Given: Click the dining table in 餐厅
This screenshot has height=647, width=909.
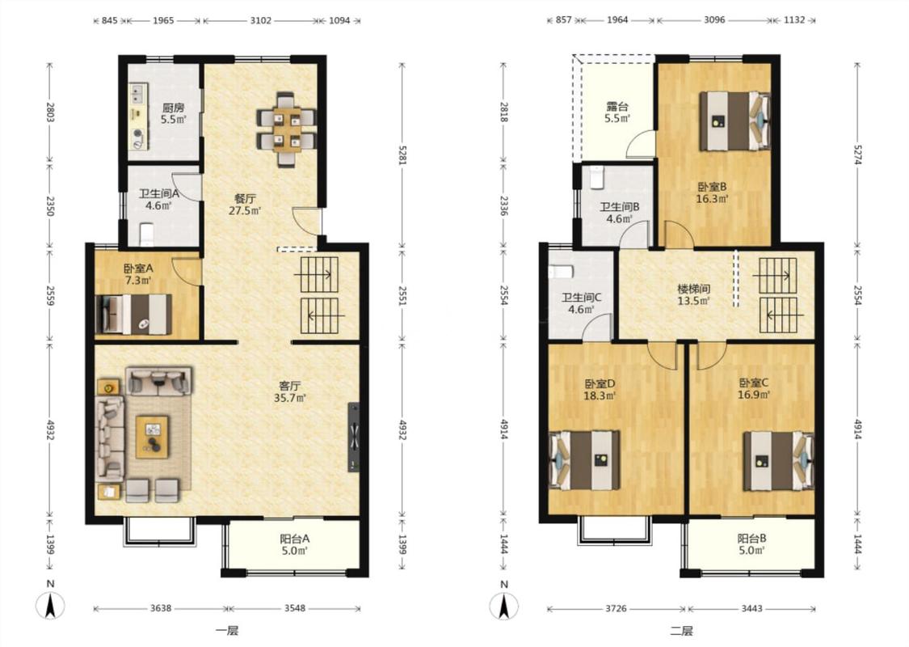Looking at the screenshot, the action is click(x=287, y=129).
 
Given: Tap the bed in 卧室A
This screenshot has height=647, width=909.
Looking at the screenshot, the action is click(x=134, y=315).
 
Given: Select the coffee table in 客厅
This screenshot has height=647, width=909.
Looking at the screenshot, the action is click(x=153, y=437).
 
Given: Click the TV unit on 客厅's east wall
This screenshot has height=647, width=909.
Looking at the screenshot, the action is click(x=354, y=437).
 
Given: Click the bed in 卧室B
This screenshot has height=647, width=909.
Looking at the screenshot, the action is click(x=734, y=121).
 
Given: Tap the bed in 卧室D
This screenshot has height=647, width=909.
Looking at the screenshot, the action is click(x=584, y=459).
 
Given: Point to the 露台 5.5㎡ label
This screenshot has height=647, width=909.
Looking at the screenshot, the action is click(x=617, y=112).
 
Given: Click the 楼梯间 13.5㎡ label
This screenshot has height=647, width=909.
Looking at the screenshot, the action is click(x=694, y=294).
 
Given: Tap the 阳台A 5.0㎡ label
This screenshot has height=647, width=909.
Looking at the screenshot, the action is click(x=294, y=544).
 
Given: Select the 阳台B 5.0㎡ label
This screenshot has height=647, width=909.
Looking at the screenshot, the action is click(x=751, y=544).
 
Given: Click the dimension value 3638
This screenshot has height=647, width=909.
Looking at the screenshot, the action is click(x=161, y=608).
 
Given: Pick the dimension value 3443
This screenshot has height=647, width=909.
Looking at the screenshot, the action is click(x=751, y=608).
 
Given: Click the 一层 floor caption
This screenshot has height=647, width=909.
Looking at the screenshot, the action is click(x=227, y=631).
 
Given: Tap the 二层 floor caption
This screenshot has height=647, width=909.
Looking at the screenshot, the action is click(x=681, y=631).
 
